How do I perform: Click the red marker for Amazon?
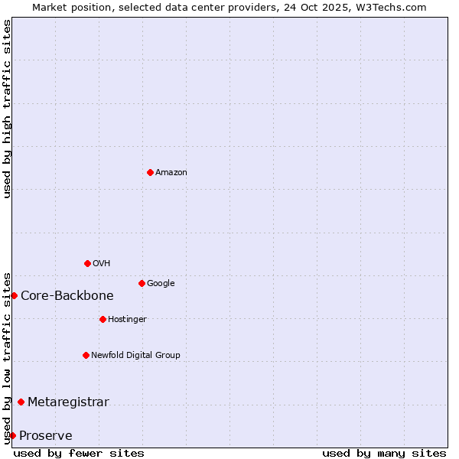(150, 172)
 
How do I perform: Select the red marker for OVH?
(87, 263)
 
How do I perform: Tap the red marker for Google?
(142, 283)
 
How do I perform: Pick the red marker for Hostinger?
(103, 319)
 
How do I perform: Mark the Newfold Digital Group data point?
(86, 355)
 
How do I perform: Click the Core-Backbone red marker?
(14, 295)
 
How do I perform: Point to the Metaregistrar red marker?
(21, 402)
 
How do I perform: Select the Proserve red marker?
(12, 435)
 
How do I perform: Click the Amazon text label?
(171, 173)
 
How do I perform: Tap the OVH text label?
(102, 264)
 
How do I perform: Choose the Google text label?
(161, 284)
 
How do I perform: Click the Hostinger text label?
(127, 320)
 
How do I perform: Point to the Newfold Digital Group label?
(135, 356)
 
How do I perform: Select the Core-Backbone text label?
(67, 296)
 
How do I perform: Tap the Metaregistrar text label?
(68, 402)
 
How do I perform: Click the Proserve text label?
(46, 436)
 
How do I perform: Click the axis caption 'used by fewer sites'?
(79, 453)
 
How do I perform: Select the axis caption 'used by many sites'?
(384, 453)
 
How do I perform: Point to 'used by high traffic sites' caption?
(7, 109)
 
